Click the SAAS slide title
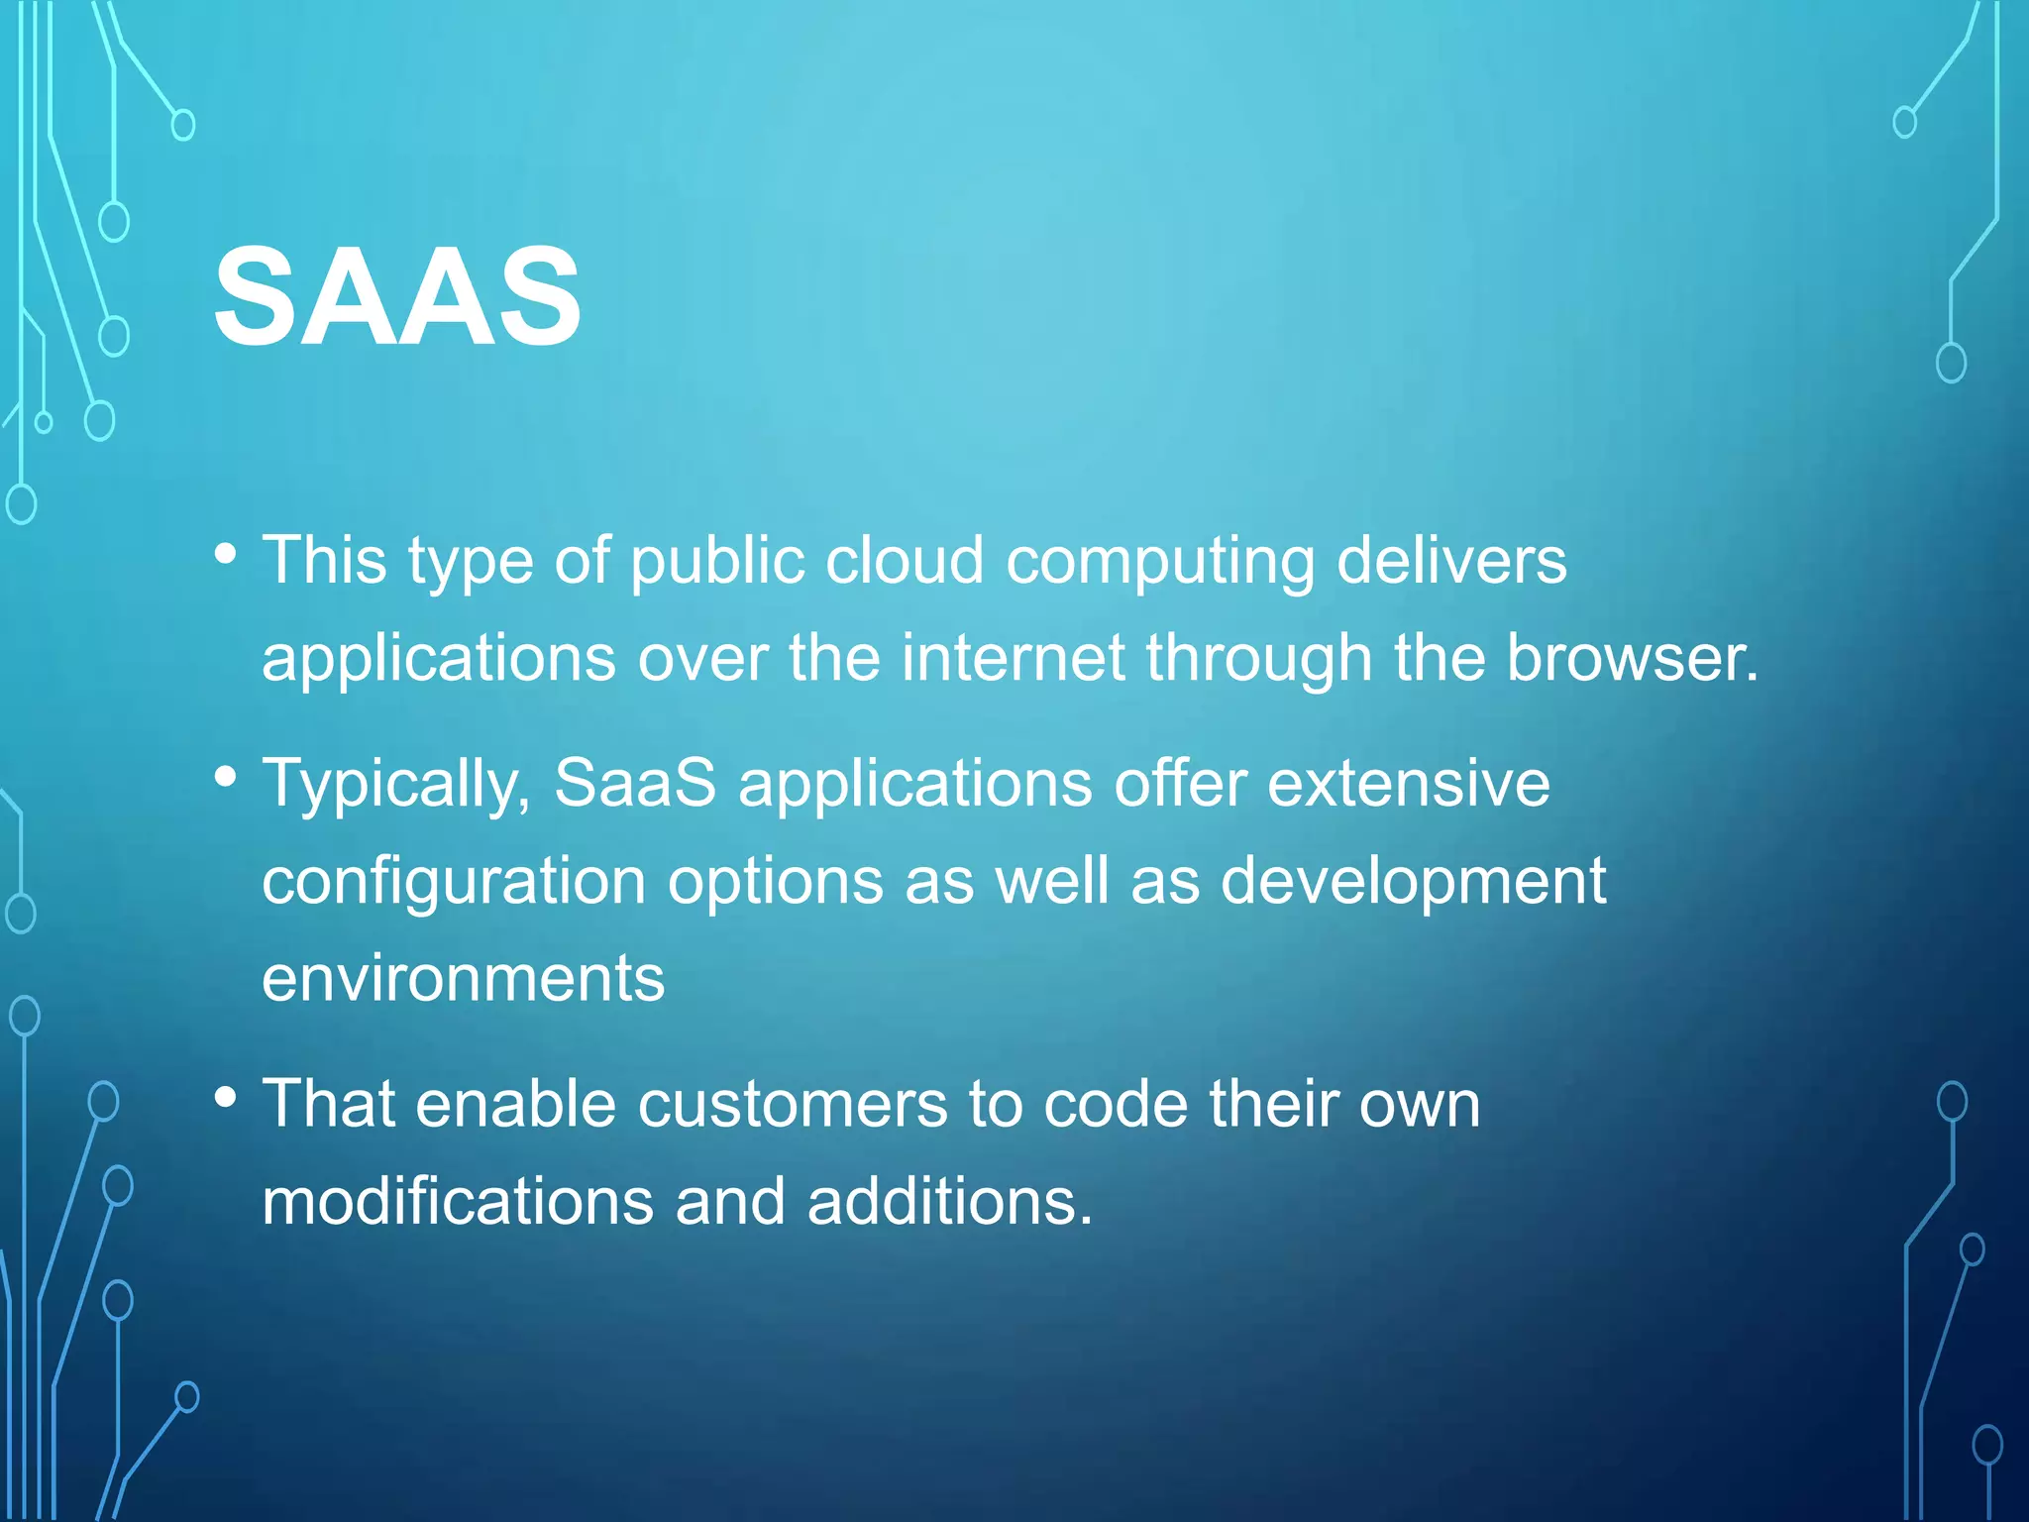tap(397, 296)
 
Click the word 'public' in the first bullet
tap(717, 562)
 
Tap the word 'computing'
tap(1160, 562)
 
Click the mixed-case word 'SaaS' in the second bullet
tap(635, 783)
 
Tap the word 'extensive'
tap(1408, 783)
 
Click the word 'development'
tap(1413, 882)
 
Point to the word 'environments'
tap(463, 978)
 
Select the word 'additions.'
tap(950, 1201)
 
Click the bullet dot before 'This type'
tap(226, 553)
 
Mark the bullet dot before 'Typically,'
tap(226, 776)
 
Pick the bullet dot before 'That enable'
tap(226, 1097)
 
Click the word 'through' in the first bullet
tap(1258, 660)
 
